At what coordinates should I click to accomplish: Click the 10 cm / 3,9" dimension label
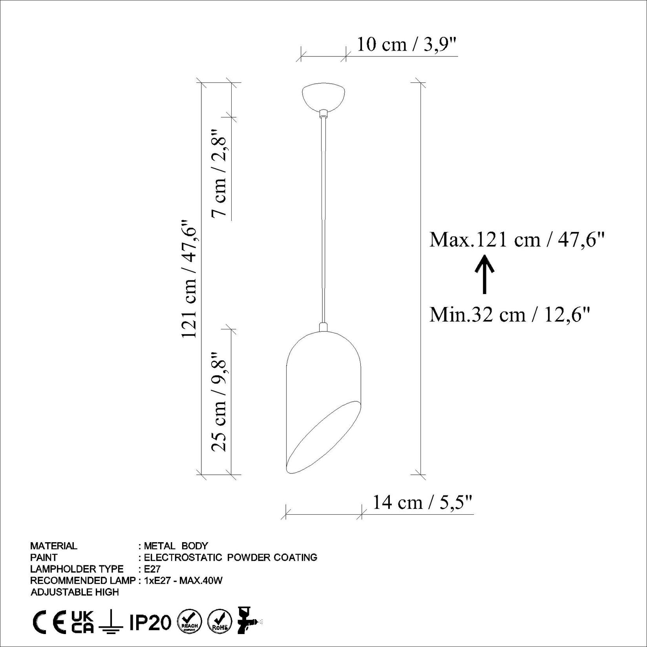(x=407, y=44)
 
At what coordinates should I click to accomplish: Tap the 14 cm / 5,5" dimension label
(x=422, y=502)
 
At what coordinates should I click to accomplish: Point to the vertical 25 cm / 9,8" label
(x=219, y=401)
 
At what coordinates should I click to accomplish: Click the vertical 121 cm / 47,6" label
(x=188, y=278)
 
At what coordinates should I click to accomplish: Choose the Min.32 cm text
(x=510, y=314)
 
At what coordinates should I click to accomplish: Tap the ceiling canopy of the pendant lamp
(x=323, y=97)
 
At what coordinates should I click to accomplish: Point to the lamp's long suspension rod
(x=323, y=220)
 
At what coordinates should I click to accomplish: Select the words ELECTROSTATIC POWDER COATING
(x=230, y=557)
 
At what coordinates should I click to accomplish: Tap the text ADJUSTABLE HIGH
(x=75, y=592)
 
